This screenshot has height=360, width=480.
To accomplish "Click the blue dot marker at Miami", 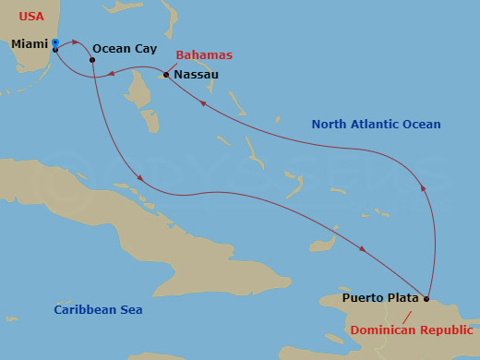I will point(55,42).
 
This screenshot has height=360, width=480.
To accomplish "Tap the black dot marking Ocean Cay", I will point(92,61).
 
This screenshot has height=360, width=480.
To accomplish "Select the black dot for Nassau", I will point(166,75).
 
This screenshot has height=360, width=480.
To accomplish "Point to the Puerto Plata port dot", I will point(427,298).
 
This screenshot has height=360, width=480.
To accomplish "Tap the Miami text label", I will point(30,43).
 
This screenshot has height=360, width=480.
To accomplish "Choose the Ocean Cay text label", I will point(125,48).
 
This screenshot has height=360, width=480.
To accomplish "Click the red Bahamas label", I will point(203,55).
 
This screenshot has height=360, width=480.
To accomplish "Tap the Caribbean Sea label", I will point(98,310).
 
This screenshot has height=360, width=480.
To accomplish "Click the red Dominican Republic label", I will point(412,330).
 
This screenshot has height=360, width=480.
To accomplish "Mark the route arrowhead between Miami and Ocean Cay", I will point(74,42).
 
